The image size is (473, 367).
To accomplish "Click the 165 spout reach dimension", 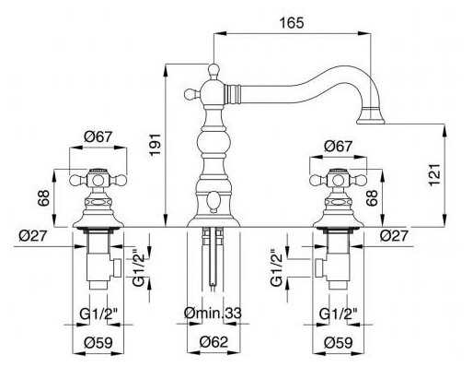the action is click(292, 23).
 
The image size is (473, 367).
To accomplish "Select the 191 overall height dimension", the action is click(156, 144).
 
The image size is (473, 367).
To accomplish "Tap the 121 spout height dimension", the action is click(434, 174).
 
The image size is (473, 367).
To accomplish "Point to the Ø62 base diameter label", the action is click(213, 342).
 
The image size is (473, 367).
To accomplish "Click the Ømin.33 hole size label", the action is click(213, 314).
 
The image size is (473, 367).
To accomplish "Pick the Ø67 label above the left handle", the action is click(98, 136).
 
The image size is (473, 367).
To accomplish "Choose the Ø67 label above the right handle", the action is click(339, 147).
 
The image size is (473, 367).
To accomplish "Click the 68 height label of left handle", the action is click(43, 197).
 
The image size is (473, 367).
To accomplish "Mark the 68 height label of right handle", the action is click(372, 197).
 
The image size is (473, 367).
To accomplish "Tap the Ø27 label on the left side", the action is click(33, 236).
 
